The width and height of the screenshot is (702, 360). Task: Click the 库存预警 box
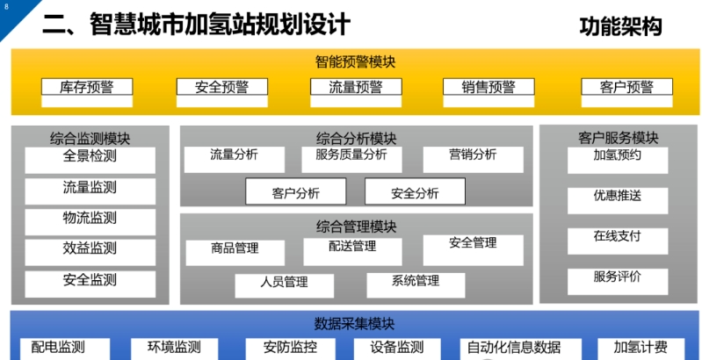[x=87, y=92]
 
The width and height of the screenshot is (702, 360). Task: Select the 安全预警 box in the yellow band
[x=222, y=92]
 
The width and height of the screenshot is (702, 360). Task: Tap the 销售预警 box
[x=489, y=92]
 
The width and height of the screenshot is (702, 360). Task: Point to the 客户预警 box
[x=626, y=92]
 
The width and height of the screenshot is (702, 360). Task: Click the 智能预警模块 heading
[x=356, y=61]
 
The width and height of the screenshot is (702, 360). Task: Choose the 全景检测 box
[x=90, y=160]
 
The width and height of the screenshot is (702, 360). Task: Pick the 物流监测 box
[x=90, y=222]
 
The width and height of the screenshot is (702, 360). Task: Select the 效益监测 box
[x=90, y=252]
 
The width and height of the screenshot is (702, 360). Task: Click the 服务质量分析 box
[x=351, y=160]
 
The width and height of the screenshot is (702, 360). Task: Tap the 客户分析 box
[x=295, y=191]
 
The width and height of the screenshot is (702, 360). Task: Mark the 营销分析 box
[x=473, y=160]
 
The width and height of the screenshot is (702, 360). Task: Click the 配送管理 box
[x=352, y=252]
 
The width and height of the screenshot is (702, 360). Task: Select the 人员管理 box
[x=285, y=285]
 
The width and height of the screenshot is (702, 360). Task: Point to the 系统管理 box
[x=416, y=285]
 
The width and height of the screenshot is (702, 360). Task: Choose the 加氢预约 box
[x=618, y=161]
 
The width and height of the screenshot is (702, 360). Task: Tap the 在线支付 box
[x=618, y=241]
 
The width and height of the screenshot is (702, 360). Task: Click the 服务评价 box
[x=618, y=282]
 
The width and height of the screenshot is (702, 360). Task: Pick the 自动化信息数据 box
[x=521, y=349]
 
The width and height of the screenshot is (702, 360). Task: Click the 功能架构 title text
[x=620, y=26]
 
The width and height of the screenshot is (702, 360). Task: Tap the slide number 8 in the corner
[x=6, y=7]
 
